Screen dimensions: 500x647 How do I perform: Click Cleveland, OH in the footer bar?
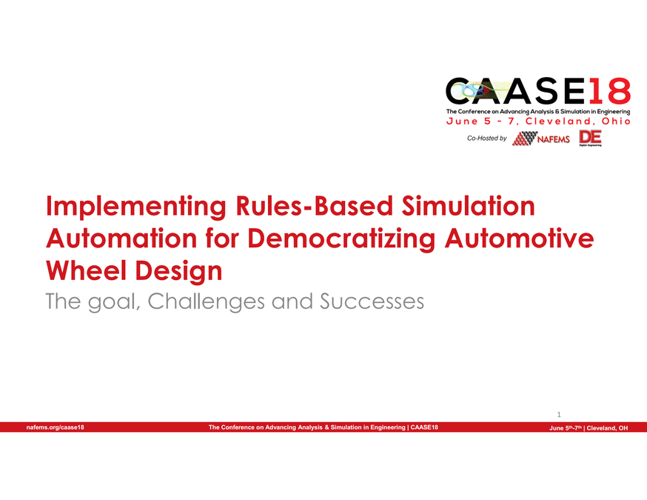pyautogui.click(x=609, y=428)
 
